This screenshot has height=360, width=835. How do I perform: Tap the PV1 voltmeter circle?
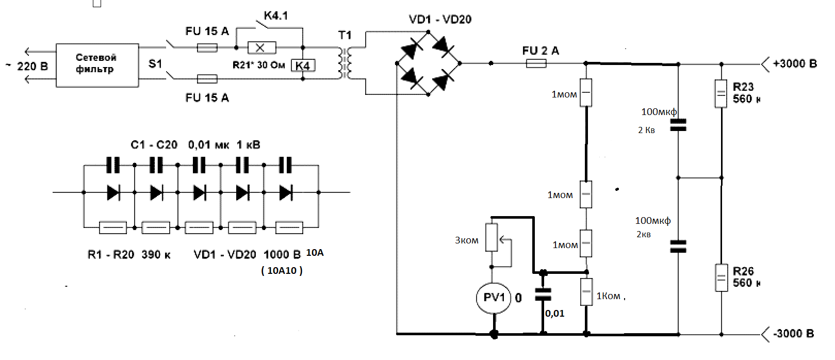pos(494,298)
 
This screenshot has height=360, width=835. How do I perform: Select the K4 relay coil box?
pos(303,66)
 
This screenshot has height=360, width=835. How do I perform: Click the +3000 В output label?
pos(795,64)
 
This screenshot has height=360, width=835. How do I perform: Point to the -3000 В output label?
pos(794,333)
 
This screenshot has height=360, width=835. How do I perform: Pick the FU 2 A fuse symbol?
pos(536,64)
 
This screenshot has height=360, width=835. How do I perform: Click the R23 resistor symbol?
pos(721,93)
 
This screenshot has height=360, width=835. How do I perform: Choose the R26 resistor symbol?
pos(722,277)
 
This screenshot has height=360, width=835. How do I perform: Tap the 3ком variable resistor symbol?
pos(492,237)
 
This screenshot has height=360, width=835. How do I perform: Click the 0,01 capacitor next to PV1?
pos(543,294)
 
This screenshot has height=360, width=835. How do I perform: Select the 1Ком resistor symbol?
pos(586,292)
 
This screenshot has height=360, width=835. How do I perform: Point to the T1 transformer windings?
pos(345,63)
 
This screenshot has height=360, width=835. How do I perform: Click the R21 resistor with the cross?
pos(261,47)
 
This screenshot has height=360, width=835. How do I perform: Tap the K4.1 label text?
pos(276,15)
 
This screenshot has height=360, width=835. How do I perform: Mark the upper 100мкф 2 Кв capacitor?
pos(678,125)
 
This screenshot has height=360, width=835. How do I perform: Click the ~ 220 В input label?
pos(27,67)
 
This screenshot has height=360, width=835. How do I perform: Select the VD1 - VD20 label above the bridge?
pos(440,20)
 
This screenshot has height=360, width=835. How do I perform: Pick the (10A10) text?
pos(282,271)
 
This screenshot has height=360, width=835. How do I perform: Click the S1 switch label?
pos(155,64)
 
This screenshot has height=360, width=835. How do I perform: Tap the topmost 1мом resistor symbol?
pos(586,93)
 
